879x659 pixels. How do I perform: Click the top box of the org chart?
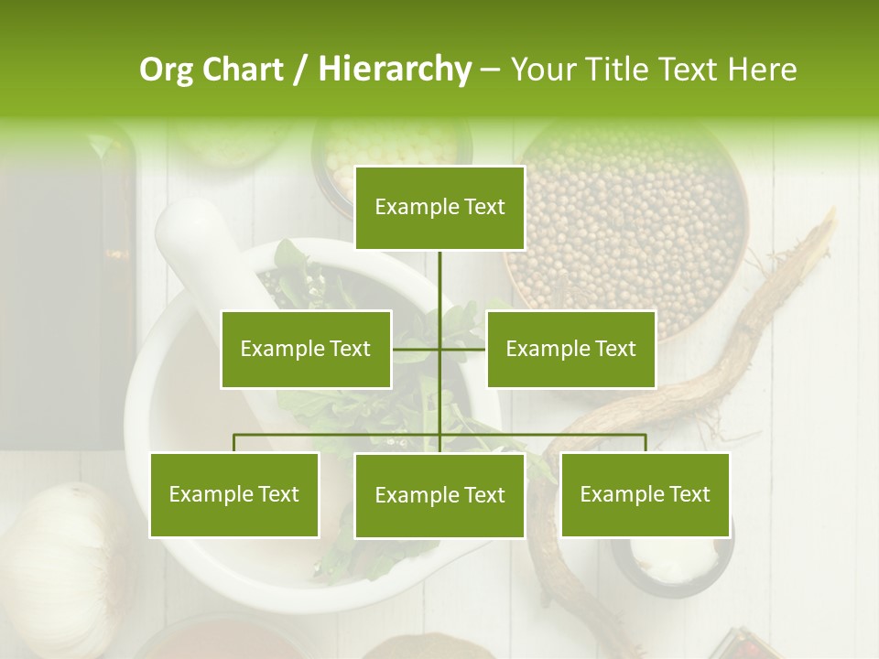[x=439, y=208]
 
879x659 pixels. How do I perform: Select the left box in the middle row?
[x=306, y=349]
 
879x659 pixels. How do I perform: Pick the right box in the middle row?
[x=570, y=349]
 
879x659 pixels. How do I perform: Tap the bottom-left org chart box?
[x=234, y=495]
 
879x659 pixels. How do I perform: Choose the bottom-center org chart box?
[x=439, y=495]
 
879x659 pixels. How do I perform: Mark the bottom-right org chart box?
[x=645, y=495]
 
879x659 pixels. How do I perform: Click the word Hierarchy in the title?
[x=394, y=70]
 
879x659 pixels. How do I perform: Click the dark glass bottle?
[x=64, y=293]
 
